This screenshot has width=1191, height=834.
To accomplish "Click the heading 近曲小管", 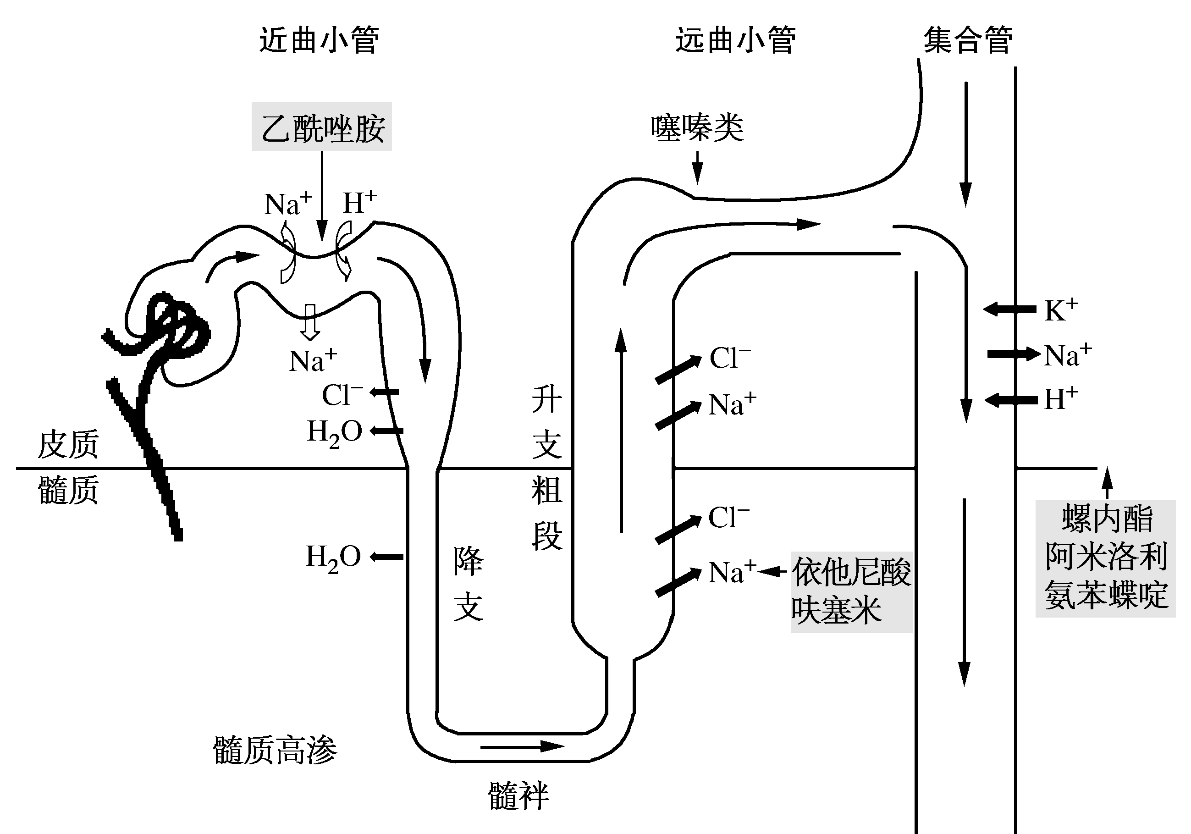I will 319,40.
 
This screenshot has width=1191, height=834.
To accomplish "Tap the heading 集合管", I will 967,40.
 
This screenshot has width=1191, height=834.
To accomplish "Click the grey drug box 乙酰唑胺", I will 322,127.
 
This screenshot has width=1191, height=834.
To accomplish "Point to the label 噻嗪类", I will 697,127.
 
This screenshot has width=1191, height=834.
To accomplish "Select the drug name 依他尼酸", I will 851,572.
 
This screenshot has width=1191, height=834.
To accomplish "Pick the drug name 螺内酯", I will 1107,518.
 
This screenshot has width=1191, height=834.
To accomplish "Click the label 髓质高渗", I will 275,750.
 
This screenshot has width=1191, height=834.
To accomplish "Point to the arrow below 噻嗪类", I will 698,167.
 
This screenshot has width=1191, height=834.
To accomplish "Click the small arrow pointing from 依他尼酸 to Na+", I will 772,572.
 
